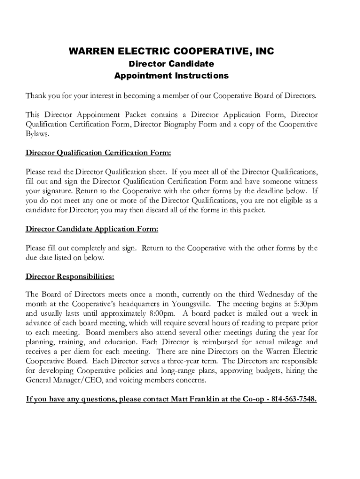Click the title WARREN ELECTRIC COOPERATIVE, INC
[171, 51]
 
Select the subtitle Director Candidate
[171, 64]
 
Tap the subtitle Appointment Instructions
[171, 75]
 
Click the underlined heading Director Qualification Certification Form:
[98, 152]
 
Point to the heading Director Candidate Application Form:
[92, 229]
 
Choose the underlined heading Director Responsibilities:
[70, 276]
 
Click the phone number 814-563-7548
[293, 399]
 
